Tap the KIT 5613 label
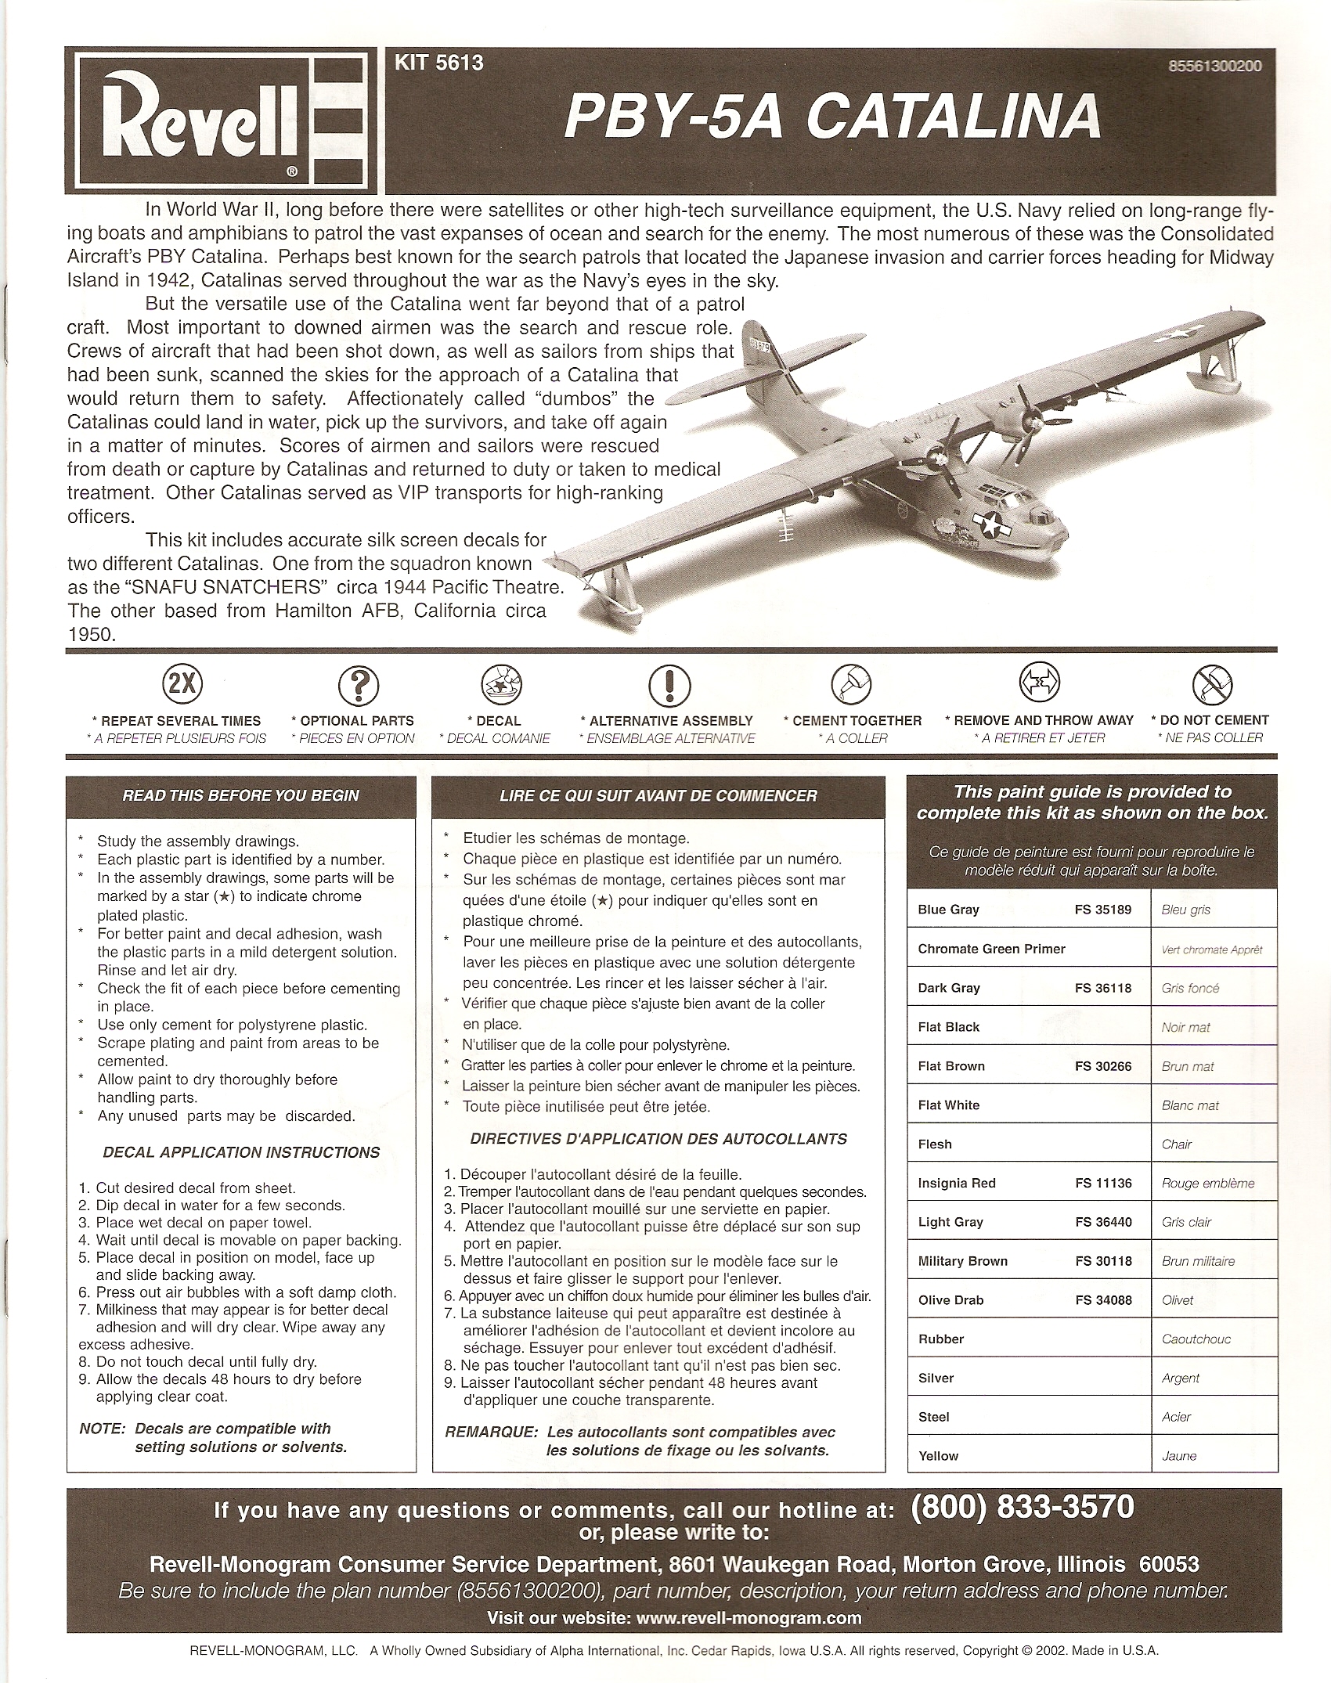[x=438, y=63]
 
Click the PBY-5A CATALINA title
[x=832, y=117]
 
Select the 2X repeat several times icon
[x=182, y=685]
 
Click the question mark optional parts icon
[x=358, y=686]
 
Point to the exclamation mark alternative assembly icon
[x=670, y=686]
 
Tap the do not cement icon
[x=1211, y=685]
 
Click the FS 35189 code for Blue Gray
[x=1103, y=910]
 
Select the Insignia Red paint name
[x=957, y=1183]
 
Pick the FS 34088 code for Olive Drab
[x=1103, y=1300]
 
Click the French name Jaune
[x=1179, y=1456]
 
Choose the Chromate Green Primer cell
[x=991, y=949]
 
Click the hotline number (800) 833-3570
[x=1023, y=1507]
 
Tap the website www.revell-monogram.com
[x=749, y=1618]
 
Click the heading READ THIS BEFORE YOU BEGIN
[x=241, y=796]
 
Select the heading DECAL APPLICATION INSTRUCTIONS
[x=241, y=1152]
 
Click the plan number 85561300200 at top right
[x=1214, y=67]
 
